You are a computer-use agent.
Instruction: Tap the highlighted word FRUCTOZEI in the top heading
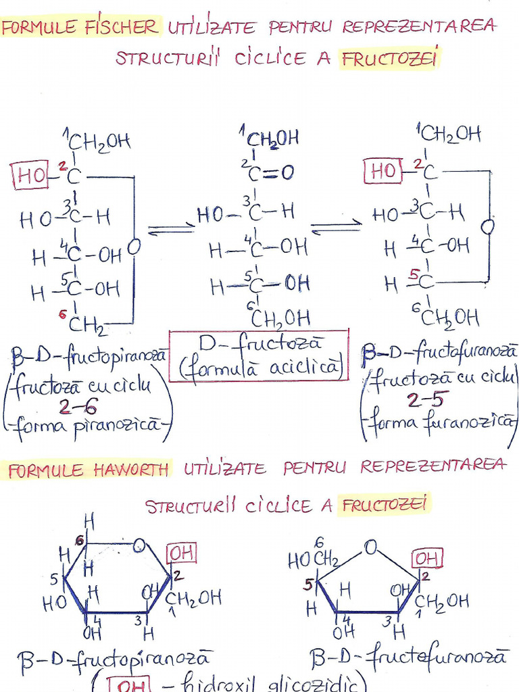(390, 59)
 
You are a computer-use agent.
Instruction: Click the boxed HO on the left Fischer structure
(31, 176)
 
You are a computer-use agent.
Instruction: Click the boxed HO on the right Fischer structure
(383, 172)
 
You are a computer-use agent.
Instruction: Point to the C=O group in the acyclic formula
(271, 172)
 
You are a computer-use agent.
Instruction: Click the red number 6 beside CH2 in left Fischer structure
(62, 313)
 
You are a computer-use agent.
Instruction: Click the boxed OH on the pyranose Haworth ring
(182, 554)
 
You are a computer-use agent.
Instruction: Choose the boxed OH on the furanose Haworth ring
(427, 559)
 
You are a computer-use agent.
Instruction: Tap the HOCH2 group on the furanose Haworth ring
(313, 559)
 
